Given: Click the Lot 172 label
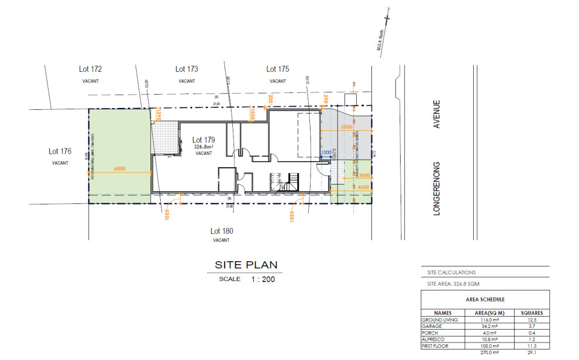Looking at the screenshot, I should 90,69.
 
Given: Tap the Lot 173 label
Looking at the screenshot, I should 187,69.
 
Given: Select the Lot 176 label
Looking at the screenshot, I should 60,151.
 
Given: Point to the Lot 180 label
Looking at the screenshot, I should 220,230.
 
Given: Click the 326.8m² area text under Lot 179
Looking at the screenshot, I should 204,147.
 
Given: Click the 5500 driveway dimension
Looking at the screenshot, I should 346,127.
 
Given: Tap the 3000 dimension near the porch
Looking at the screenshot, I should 364,175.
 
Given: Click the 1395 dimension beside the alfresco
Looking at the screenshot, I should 158,115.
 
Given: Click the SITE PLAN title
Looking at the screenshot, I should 246,265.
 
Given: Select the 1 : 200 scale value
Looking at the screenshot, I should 263,279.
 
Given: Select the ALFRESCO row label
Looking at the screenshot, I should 433,339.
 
